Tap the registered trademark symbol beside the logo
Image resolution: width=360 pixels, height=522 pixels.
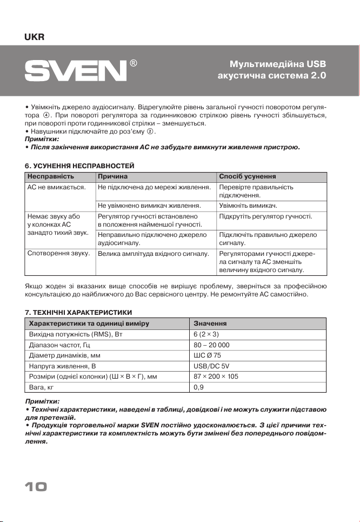point(133,63)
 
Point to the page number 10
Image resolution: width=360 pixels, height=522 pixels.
point(34,487)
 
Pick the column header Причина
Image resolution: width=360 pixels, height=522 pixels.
point(112,176)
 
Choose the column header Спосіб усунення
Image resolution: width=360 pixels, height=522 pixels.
point(248,176)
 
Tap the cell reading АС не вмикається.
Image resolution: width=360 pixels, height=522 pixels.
point(57,187)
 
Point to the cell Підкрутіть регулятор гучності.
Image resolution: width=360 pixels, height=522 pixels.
point(266,216)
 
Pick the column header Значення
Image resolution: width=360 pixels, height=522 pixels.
point(210,323)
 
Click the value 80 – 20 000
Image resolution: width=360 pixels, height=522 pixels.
point(212,345)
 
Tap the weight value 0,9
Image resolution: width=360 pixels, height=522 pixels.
point(198,387)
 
